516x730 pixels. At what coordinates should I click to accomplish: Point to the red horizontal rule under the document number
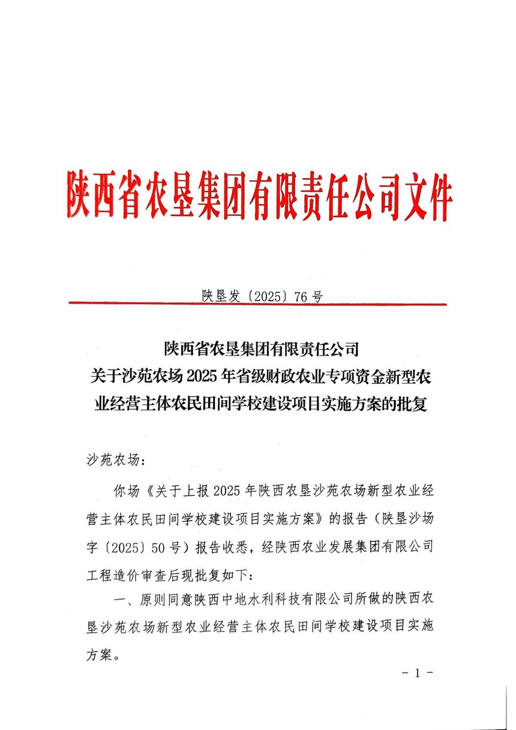[x=258, y=304]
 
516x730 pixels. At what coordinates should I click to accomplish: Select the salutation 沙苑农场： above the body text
[x=112, y=460]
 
